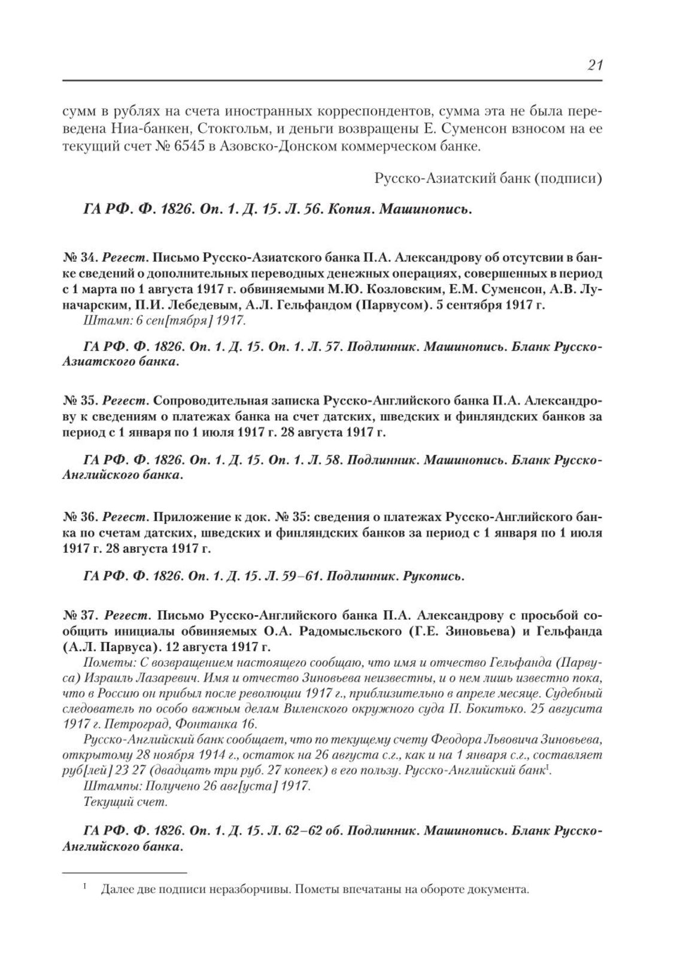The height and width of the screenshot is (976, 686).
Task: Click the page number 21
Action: click(x=594, y=66)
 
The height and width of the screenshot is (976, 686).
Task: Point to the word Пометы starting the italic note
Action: click(x=105, y=662)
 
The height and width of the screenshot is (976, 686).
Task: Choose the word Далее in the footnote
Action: click(x=116, y=890)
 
